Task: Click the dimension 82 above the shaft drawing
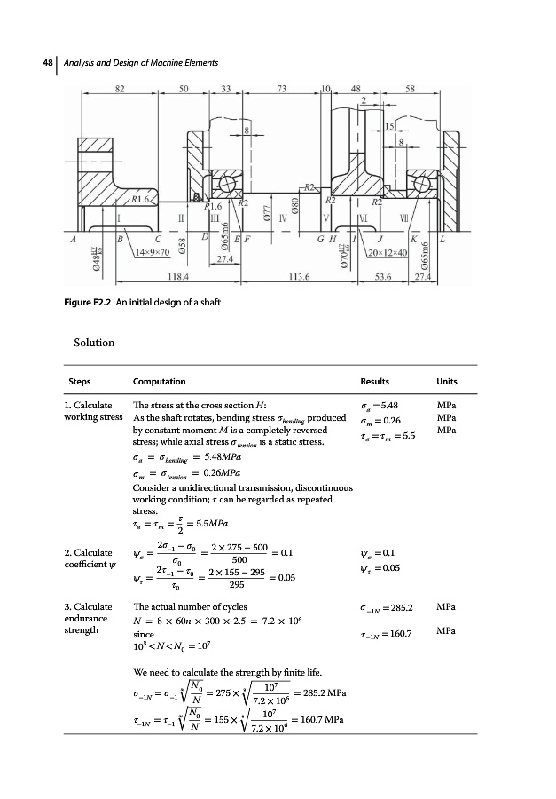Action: pyautogui.click(x=120, y=89)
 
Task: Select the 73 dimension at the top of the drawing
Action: pyautogui.click(x=282, y=89)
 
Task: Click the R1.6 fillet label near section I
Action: pyautogui.click(x=143, y=202)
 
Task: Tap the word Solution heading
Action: pyautogui.click(x=95, y=342)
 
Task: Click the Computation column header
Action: pyautogui.click(x=159, y=382)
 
